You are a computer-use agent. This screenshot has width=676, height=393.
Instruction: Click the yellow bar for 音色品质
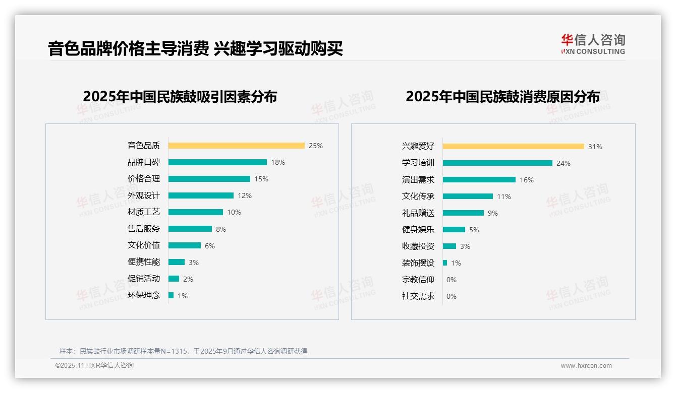[236, 146]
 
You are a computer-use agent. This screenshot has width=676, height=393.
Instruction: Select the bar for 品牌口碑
[217, 162]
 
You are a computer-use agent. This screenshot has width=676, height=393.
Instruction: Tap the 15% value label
[261, 179]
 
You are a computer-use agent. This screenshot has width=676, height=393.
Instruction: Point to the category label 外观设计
[144, 195]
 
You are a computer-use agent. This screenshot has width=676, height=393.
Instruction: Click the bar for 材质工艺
[196, 212]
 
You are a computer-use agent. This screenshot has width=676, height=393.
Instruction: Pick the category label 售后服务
[144, 229]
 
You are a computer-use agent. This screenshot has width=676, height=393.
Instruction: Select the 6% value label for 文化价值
[210, 246]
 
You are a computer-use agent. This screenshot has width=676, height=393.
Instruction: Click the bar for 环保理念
[171, 295]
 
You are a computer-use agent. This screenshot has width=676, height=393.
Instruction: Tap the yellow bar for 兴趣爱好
[514, 147]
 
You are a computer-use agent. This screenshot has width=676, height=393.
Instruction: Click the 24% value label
[564, 163]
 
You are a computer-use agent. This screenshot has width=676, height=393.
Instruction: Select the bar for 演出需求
[479, 180]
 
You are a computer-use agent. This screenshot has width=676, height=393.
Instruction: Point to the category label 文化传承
[418, 196]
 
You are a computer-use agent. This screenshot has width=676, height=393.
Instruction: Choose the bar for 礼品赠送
[463, 213]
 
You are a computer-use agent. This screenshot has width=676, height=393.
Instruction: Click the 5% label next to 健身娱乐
[474, 230]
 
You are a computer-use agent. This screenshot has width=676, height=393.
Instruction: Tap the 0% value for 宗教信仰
[452, 280]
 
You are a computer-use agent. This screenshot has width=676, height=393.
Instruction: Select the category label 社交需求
[418, 296]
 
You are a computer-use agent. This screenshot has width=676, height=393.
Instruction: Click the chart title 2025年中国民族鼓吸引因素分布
[180, 96]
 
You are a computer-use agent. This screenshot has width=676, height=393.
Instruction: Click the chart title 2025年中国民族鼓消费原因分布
[502, 96]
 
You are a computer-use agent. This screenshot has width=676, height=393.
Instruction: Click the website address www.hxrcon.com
[586, 366]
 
